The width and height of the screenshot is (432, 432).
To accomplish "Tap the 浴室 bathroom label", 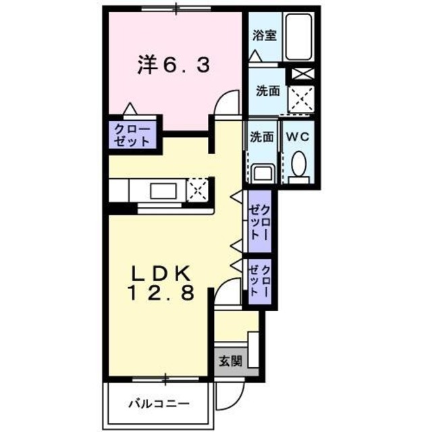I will tap(265, 36).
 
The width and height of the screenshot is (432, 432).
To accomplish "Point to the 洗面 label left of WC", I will tap(262, 136).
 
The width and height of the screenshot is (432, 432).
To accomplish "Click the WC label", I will tap(298, 136).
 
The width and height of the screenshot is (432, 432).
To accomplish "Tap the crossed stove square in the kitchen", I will tap(198, 189).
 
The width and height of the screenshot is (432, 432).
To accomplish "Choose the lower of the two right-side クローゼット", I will tap(260, 282).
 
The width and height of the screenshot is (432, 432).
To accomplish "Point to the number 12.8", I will tap(162, 294).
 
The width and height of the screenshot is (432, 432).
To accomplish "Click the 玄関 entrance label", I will tap(227, 360).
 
